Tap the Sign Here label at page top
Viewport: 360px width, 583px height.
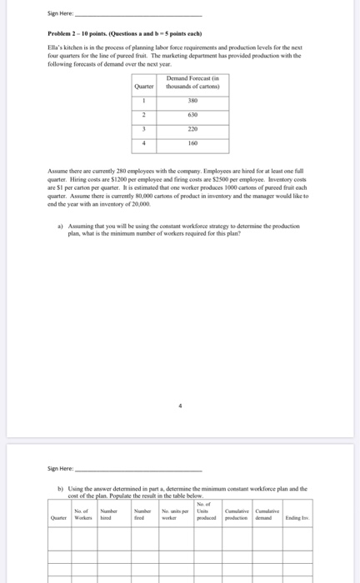click(x=61, y=13)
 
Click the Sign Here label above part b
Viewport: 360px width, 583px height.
click(x=61, y=469)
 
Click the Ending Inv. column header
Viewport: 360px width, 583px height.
click(x=297, y=518)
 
